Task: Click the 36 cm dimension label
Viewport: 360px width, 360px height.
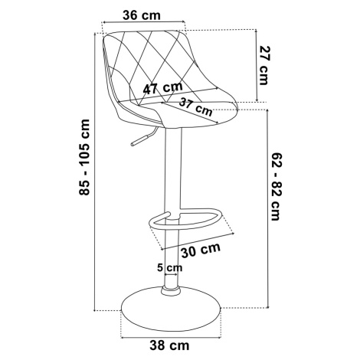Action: point(142,15)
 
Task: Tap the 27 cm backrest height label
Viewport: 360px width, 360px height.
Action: point(263,65)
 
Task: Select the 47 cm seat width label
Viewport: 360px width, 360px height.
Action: point(163,88)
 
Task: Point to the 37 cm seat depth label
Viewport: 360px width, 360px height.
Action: point(195,106)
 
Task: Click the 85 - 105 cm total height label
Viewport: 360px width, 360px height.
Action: point(84,157)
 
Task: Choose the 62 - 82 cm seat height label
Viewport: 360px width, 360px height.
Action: point(276,187)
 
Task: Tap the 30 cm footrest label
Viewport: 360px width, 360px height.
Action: point(201,250)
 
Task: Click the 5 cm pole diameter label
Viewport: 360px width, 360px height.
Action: point(169,267)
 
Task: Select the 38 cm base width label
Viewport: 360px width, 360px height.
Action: point(169,345)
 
